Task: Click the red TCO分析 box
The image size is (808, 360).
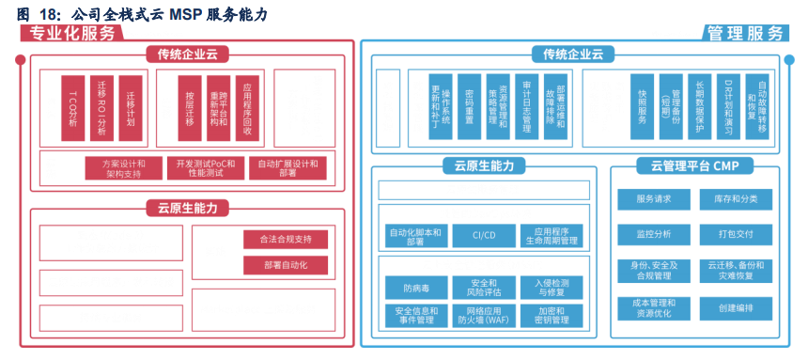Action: tap(74, 107)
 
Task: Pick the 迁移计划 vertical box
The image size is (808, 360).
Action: tap(131, 107)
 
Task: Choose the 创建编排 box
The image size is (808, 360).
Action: tap(736, 308)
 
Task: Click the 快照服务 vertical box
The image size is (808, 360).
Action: tap(643, 107)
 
